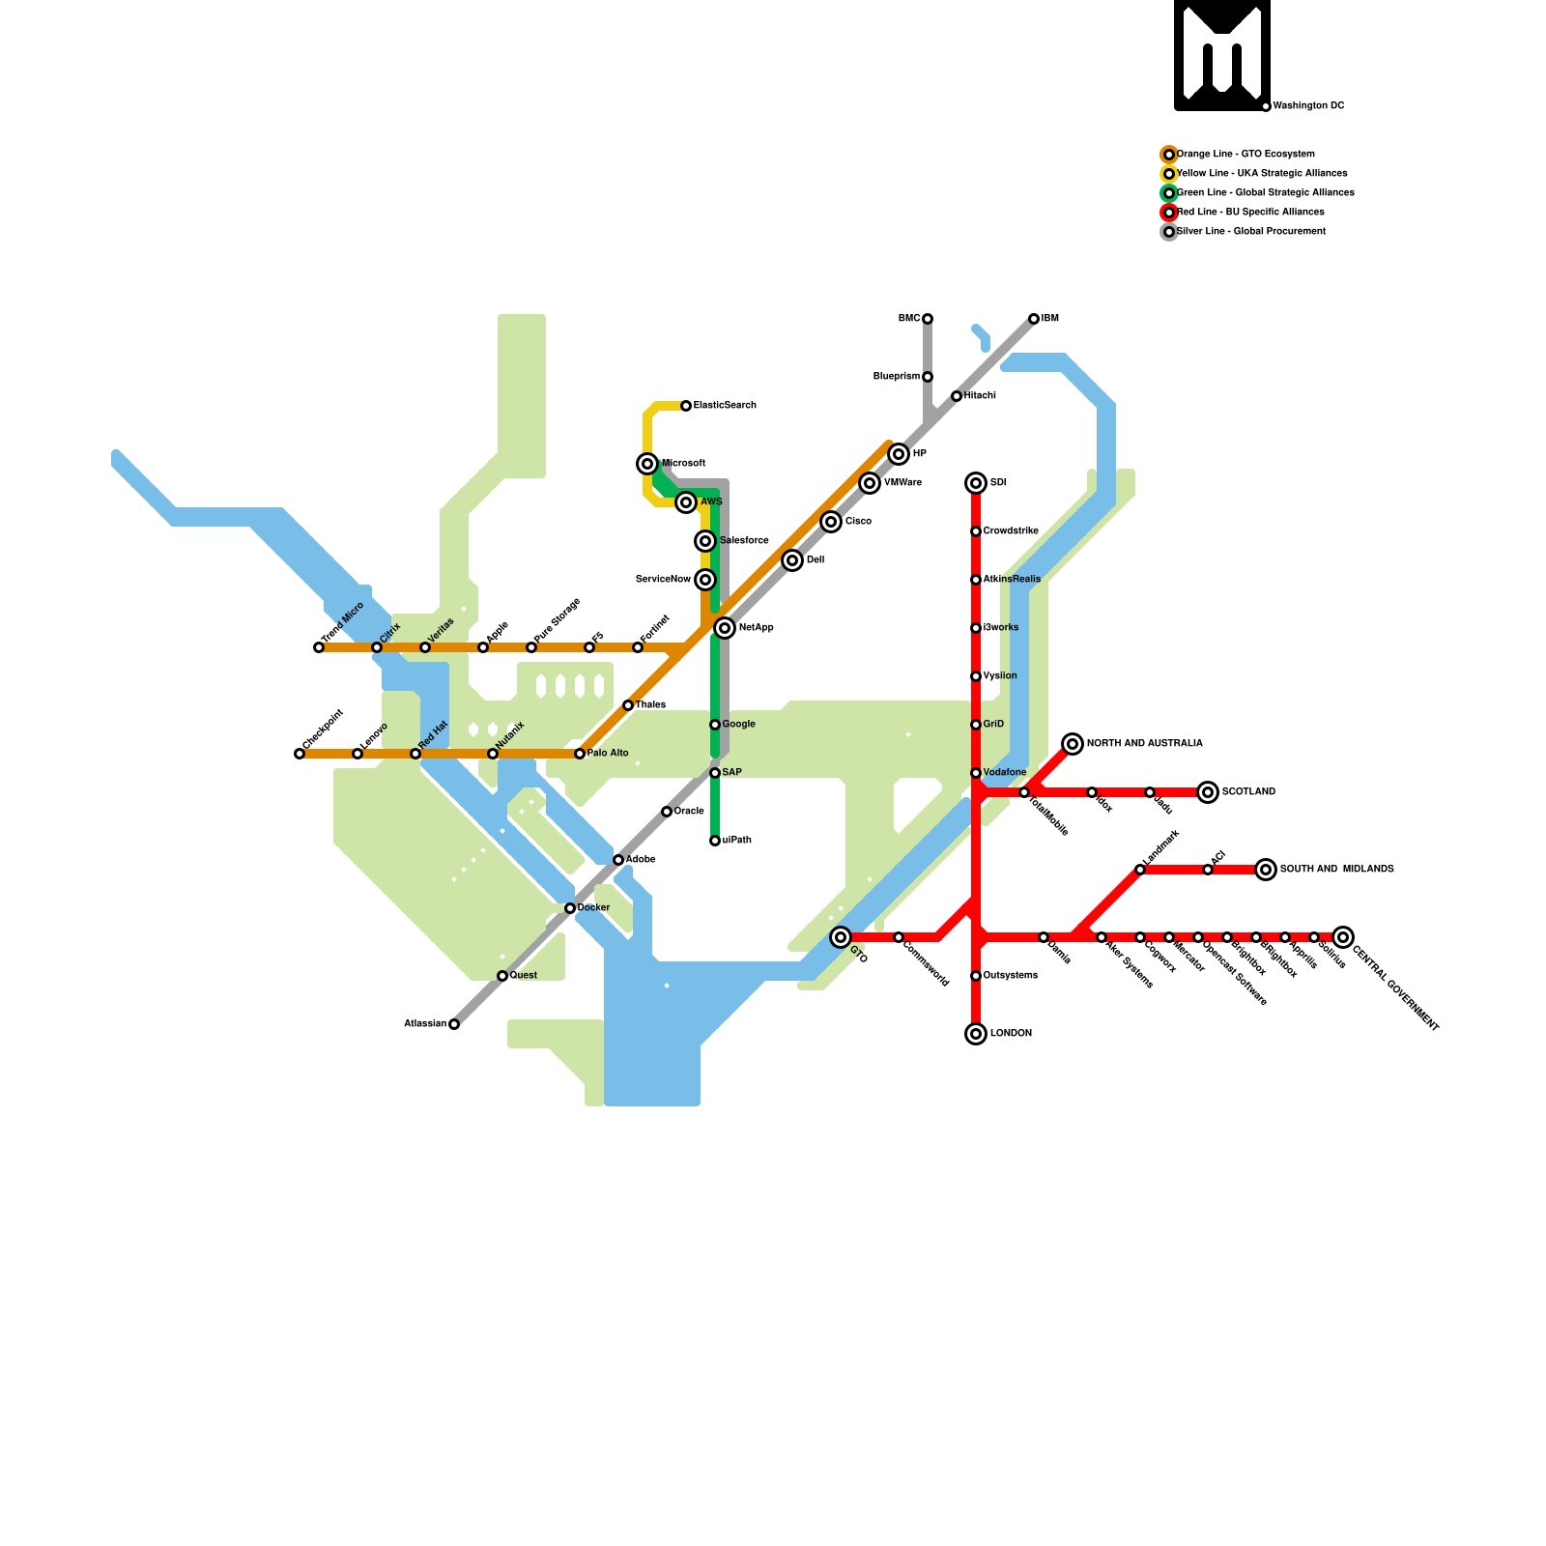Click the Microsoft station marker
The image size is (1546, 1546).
[x=647, y=464]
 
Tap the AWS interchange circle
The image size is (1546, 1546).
[x=686, y=502]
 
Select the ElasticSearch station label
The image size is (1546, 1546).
[x=725, y=406]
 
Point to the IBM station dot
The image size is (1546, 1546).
[x=1034, y=319]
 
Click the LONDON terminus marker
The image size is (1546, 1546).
[x=976, y=1034]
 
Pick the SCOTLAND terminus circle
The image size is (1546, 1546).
[x=1208, y=792]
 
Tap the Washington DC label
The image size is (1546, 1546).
[x=1308, y=106]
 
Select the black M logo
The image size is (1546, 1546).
[x=1222, y=54]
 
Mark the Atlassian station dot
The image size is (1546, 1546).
[x=454, y=1024]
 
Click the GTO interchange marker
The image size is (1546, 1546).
[x=841, y=937]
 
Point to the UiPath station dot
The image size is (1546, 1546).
[x=715, y=841]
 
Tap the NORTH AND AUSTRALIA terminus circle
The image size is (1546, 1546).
[x=1073, y=744]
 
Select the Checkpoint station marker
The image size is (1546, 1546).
[x=300, y=754]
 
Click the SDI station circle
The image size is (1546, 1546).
[x=976, y=483]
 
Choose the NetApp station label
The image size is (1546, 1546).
[x=756, y=628]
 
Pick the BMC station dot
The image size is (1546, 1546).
[x=928, y=319]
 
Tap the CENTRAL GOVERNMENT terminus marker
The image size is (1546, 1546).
[x=1343, y=937]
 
